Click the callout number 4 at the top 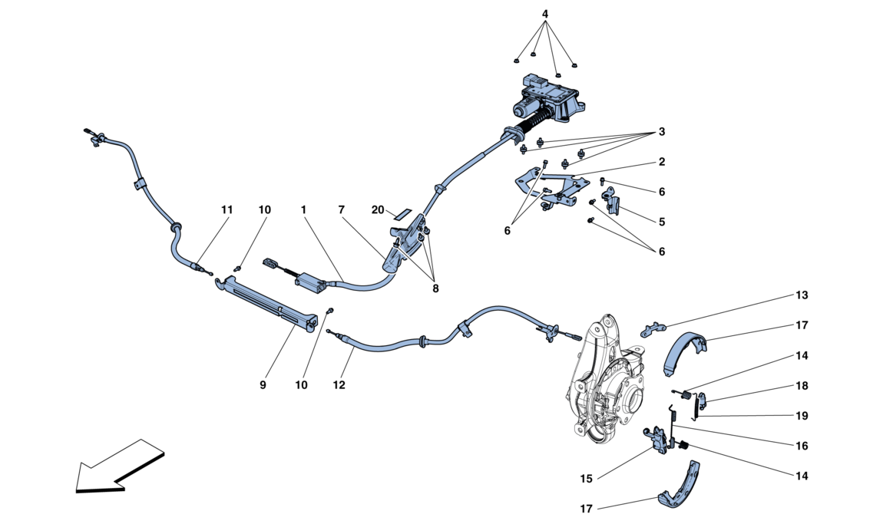(x=545, y=15)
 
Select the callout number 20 (x=378, y=209)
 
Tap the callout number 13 (x=802, y=295)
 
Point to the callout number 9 (x=263, y=385)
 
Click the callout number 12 (x=339, y=385)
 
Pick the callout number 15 (x=587, y=480)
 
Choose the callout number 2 (x=661, y=163)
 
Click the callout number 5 (x=661, y=222)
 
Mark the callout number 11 (x=227, y=209)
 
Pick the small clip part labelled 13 (x=651, y=329)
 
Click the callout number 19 (x=802, y=416)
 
